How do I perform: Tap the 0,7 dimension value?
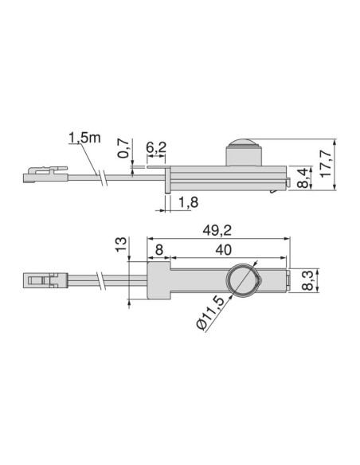123,149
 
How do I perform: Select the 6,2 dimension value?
157,148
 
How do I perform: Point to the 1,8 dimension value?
188,203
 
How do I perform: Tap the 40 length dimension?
224,249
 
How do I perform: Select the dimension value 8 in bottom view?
158,249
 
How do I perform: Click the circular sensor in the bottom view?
241,281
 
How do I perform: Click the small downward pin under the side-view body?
166,187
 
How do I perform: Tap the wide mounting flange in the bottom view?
159,281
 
